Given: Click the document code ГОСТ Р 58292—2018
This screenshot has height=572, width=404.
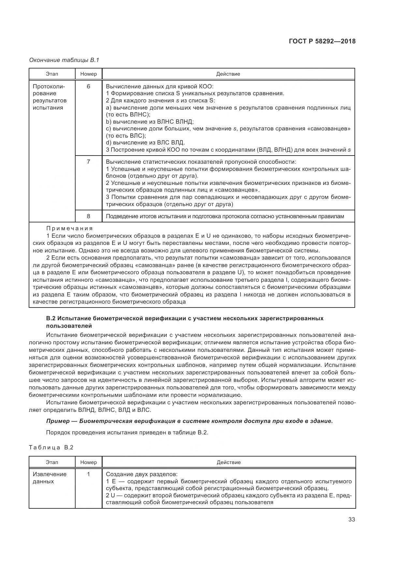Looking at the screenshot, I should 322,41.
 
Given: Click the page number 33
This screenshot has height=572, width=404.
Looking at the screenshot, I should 352,519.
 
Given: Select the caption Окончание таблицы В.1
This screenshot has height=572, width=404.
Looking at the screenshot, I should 64,60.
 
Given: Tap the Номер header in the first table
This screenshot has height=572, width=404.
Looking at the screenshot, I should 89,74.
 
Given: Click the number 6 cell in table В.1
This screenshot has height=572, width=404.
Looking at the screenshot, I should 89,86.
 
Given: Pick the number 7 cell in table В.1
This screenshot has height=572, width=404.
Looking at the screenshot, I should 89,162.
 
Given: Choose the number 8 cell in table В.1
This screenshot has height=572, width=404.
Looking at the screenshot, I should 89,216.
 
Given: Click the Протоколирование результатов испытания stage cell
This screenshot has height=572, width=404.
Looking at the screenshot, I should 50,97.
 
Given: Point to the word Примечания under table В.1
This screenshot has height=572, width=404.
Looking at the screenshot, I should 69,228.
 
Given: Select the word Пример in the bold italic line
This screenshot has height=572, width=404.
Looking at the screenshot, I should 58,421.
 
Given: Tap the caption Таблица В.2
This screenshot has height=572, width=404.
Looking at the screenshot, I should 51,447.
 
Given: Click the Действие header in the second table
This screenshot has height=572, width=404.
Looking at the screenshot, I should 228,462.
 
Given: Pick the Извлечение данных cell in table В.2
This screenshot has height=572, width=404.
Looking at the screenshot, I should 50,478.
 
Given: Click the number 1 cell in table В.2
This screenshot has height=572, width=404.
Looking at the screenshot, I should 89,474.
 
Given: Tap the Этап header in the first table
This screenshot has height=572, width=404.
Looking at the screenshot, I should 52,74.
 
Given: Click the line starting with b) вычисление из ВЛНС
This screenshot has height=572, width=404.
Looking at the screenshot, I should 150,122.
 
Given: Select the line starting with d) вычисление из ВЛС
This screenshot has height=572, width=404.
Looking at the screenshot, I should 146,143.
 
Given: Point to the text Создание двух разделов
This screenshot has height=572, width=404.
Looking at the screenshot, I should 142,474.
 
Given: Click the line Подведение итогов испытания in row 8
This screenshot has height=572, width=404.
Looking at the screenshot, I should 225,216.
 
